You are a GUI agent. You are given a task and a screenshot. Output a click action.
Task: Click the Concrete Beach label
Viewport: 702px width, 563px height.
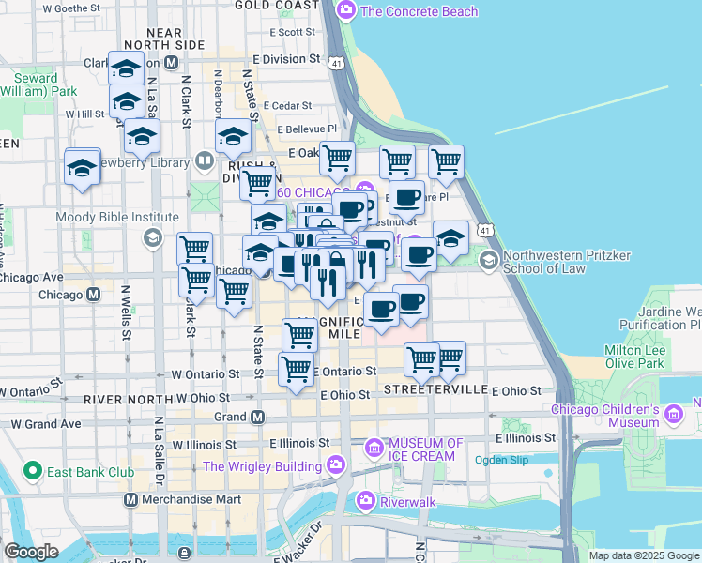[419, 11]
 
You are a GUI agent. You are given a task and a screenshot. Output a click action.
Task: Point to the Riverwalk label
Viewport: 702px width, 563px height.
[408, 501]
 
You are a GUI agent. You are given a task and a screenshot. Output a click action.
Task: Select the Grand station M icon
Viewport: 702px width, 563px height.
[257, 417]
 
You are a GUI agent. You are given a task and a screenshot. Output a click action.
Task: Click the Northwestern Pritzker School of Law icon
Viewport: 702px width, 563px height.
[488, 258]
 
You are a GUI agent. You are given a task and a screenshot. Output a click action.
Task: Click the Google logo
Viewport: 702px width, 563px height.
[32, 552]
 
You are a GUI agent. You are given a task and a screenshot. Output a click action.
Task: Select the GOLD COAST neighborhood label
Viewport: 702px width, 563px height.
[277, 5]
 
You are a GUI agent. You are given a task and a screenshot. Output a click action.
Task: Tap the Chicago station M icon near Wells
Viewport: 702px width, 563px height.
[93, 295]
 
